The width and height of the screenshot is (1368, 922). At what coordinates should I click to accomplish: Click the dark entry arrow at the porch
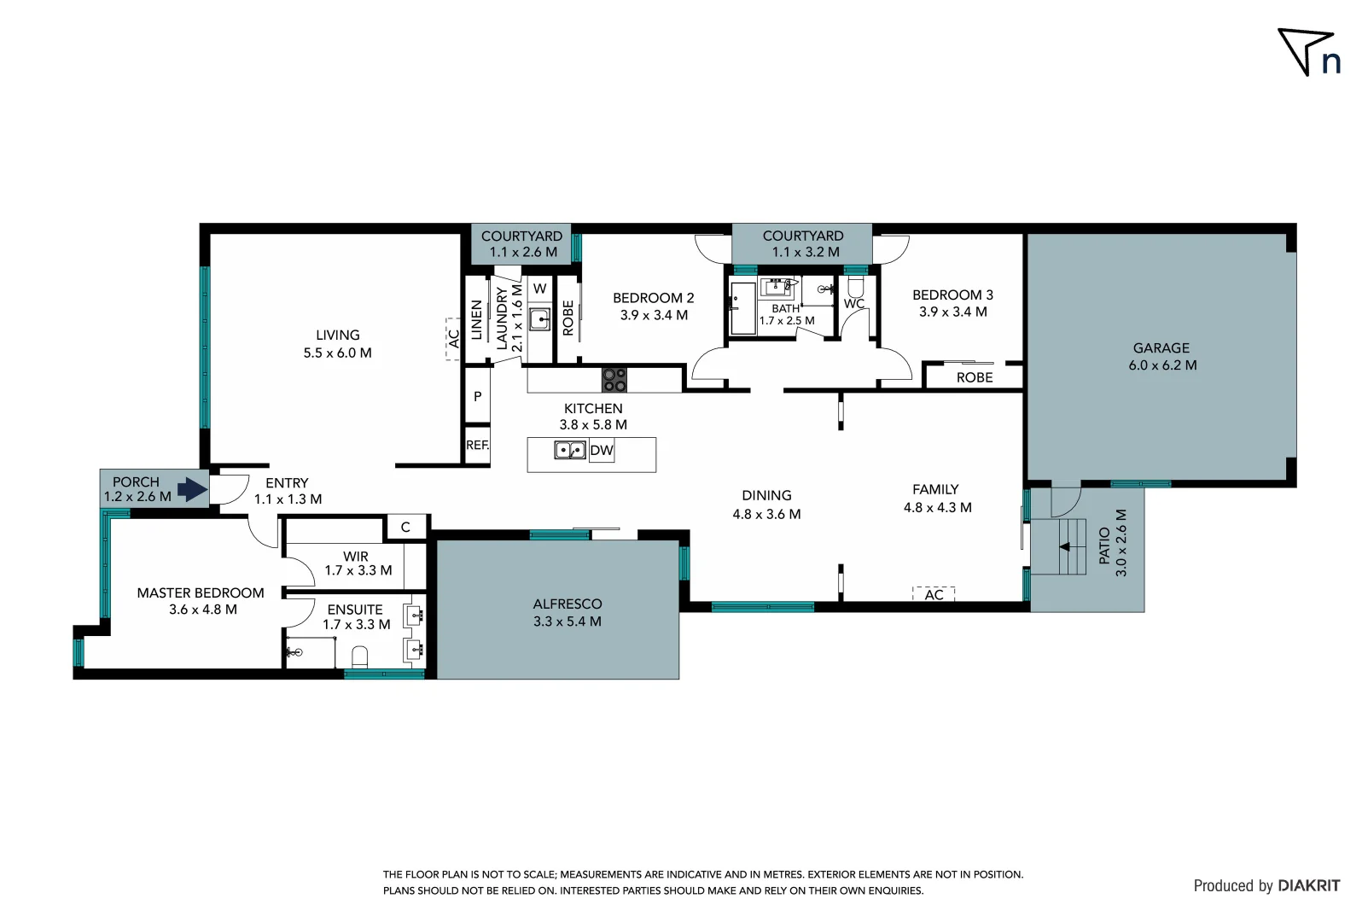pyautogui.click(x=193, y=490)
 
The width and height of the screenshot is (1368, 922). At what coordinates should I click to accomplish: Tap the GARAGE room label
pyautogui.click(x=1161, y=356)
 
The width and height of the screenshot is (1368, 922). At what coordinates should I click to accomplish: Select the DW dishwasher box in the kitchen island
pyautogui.click(x=601, y=450)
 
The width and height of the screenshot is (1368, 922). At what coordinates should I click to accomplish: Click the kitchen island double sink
pyautogui.click(x=569, y=450)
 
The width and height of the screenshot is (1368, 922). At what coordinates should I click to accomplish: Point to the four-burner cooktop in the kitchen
pyautogui.click(x=614, y=380)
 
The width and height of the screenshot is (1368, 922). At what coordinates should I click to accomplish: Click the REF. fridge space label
pyautogui.click(x=477, y=445)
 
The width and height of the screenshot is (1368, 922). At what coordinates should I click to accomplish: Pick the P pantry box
pyautogui.click(x=477, y=396)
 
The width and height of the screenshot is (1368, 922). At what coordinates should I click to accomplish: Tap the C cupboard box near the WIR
pyautogui.click(x=405, y=527)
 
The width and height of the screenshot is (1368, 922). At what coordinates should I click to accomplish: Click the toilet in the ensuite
pyautogui.click(x=359, y=656)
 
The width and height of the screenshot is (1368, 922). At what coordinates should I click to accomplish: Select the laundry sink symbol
pyautogui.click(x=539, y=320)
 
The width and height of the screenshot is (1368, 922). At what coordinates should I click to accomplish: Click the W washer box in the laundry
pyautogui.click(x=539, y=289)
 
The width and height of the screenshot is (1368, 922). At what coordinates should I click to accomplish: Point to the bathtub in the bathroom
pyautogui.click(x=742, y=307)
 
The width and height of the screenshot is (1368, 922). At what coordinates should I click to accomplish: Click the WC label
pyautogui.click(x=854, y=303)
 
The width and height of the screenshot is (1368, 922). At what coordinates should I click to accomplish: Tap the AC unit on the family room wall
pyautogui.click(x=934, y=594)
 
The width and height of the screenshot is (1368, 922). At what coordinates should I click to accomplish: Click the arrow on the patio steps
pyautogui.click(x=1064, y=546)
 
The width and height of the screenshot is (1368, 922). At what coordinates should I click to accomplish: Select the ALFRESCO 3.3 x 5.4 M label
pyautogui.click(x=567, y=612)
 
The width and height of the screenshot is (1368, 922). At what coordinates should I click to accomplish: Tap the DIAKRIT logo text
pyautogui.click(x=1308, y=885)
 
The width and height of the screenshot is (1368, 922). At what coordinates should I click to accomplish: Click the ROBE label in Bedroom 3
pyautogui.click(x=974, y=377)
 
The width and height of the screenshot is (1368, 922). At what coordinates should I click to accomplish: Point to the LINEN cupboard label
pyautogui.click(x=476, y=320)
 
